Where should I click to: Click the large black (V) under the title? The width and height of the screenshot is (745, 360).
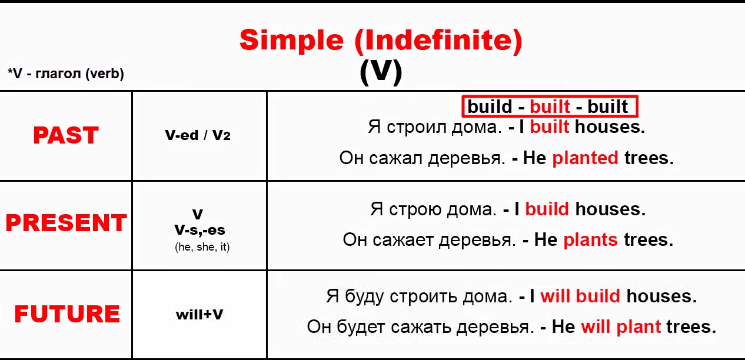point(381,72)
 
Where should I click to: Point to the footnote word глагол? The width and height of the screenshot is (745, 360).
point(58,74)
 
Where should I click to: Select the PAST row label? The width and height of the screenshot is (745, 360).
point(66,135)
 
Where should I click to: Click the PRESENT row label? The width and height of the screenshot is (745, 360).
point(66,222)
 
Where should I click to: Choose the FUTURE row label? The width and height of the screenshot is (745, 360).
point(67,314)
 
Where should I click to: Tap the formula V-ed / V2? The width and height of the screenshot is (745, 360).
point(198,135)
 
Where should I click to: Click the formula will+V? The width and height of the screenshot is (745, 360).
point(199,315)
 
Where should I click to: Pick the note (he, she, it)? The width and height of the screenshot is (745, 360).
point(202,247)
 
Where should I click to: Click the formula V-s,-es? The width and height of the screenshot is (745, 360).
point(200,230)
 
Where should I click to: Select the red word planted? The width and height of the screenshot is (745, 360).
point(586,158)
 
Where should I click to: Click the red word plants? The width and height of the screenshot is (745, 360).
point(591,240)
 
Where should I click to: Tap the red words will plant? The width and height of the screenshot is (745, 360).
point(621,326)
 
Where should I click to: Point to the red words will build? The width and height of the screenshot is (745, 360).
point(580,296)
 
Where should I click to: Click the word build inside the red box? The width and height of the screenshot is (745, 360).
point(490,106)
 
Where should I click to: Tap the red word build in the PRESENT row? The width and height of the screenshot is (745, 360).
point(547,209)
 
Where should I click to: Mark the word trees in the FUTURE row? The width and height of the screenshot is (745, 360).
point(691,326)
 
